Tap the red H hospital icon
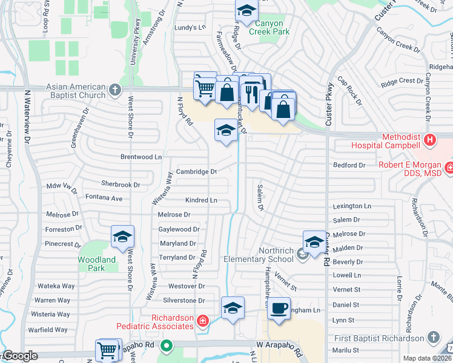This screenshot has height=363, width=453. pyautogui.click(x=430, y=140)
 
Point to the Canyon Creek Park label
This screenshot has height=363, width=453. pyautogui.click(x=263, y=28)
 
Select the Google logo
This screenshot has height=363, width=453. pyautogui.click(x=21, y=356)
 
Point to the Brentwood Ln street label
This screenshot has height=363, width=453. pyautogui.click(x=142, y=157)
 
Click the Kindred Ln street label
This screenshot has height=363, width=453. pyautogui.click(x=202, y=200)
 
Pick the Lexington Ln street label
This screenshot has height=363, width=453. pyautogui.click(x=351, y=206)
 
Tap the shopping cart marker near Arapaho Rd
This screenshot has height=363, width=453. pyautogui.click(x=107, y=350)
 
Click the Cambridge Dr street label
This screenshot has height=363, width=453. pyautogui.click(x=197, y=172)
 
